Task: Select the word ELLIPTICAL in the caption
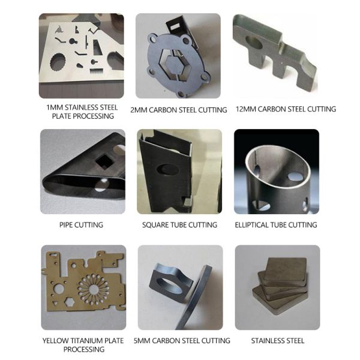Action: (x=251, y=225)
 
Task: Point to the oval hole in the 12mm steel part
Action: (x=254, y=42)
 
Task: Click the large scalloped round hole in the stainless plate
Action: (x=58, y=62)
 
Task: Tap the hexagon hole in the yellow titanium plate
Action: (x=69, y=302)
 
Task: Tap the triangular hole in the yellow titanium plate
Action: (x=55, y=304)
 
